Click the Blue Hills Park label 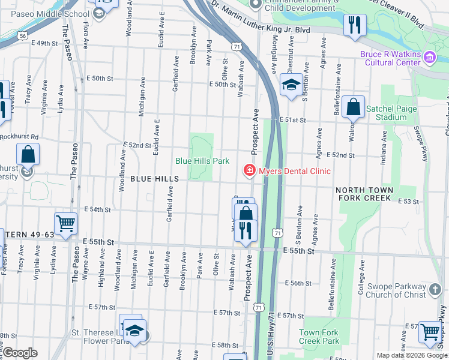click(202, 161)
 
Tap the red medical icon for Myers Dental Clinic click(249, 171)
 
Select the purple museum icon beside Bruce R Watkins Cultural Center click(429, 58)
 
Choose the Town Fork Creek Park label click(319, 337)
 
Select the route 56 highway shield click(22, 37)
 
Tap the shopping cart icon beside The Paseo click(65, 223)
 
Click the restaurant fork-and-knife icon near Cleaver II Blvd click(354, 25)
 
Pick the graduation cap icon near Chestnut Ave click(291, 84)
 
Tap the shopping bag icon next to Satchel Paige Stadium click(354, 107)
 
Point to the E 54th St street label click(98, 209)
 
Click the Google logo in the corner click(19, 353)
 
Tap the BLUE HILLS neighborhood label click(154, 179)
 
